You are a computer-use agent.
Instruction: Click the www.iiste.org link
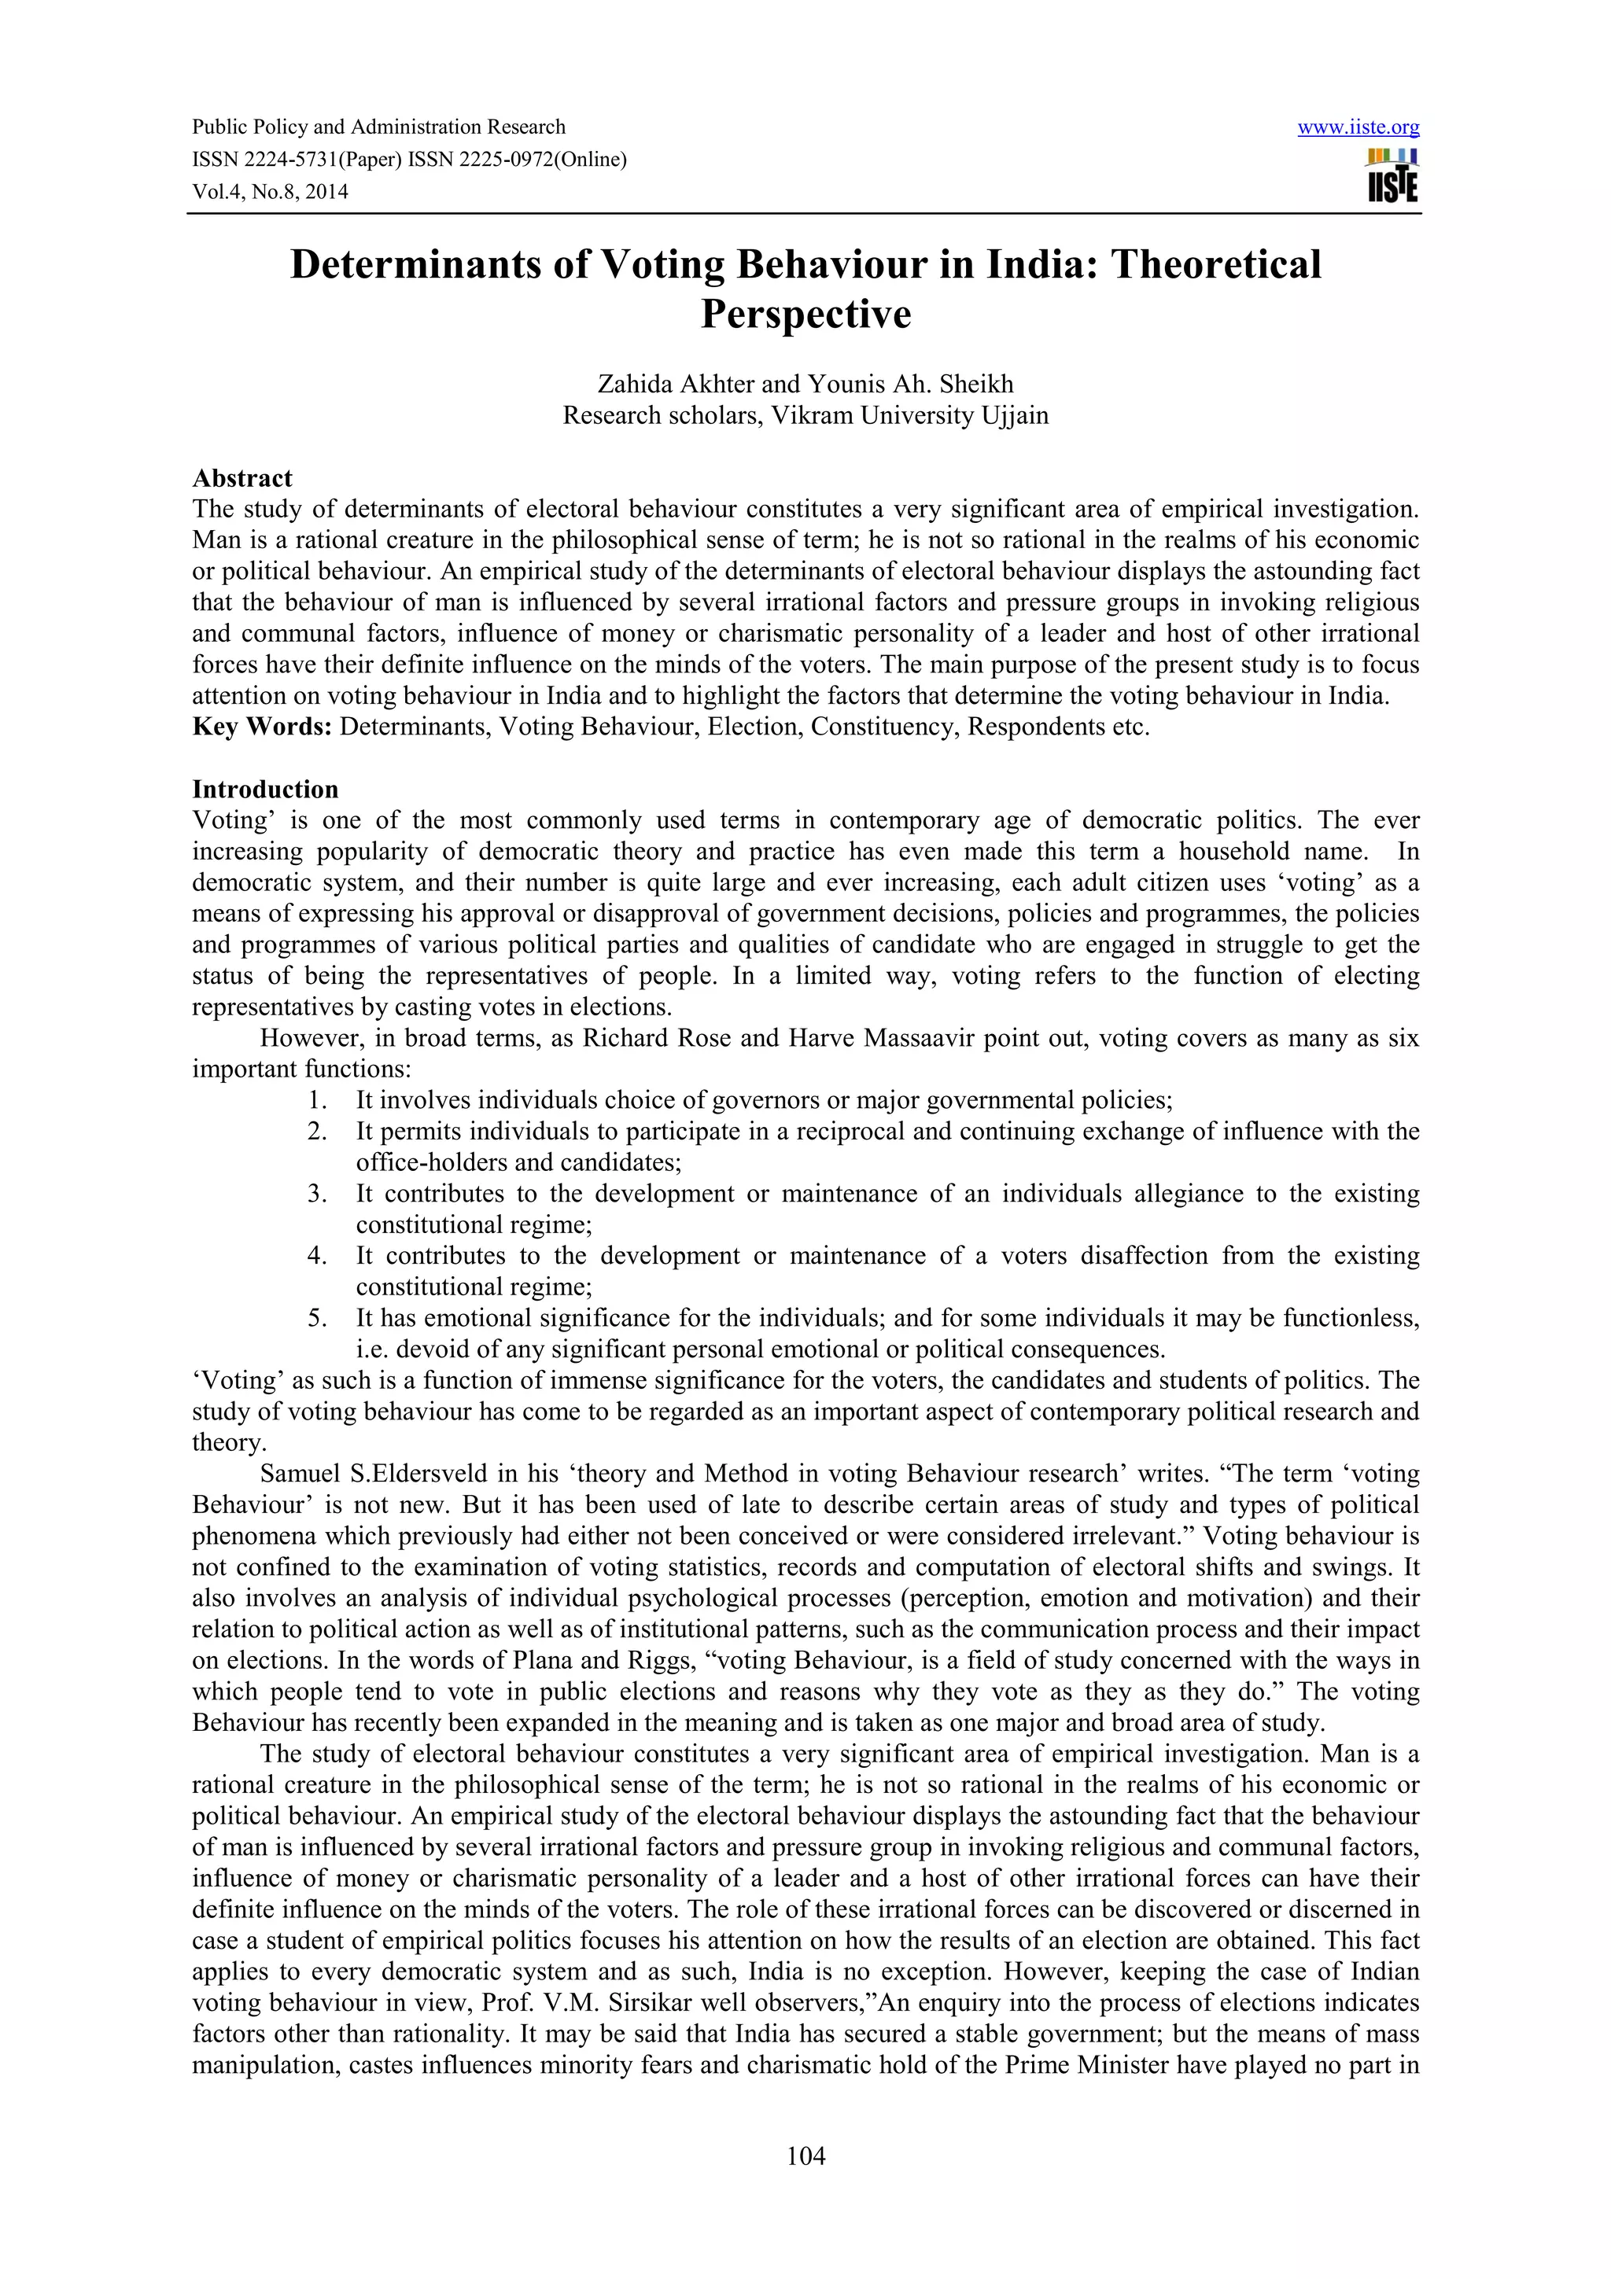(x=1358, y=127)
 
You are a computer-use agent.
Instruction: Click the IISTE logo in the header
(x=1392, y=177)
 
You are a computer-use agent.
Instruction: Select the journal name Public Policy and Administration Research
(x=378, y=127)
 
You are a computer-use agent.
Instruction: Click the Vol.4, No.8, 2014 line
(x=270, y=193)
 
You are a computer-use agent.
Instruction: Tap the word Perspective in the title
(x=805, y=315)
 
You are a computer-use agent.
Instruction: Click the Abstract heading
(x=242, y=478)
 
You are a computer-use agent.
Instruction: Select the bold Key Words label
(x=262, y=727)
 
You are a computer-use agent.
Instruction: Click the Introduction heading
(x=265, y=789)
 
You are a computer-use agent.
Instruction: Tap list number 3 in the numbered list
(x=317, y=1193)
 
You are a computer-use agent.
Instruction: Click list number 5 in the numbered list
(x=317, y=1318)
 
